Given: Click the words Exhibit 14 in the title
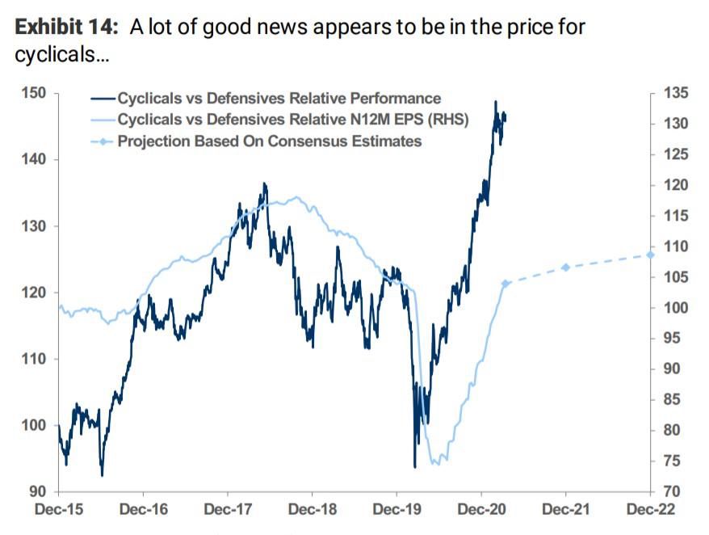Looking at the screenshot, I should [65, 27].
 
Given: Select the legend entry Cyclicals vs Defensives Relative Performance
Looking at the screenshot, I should [279, 99].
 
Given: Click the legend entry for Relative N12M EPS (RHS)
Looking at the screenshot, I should [293, 120].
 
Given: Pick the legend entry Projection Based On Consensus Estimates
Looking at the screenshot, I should [269, 141].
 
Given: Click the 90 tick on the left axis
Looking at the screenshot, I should [38, 491].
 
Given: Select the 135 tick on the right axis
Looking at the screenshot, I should [676, 94].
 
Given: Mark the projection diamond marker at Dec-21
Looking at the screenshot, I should [565, 267].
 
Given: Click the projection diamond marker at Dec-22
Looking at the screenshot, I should [650, 255].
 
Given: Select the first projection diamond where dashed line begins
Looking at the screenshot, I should [506, 284].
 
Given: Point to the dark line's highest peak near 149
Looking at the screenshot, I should [495, 102].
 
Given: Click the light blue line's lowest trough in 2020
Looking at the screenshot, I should [435, 463].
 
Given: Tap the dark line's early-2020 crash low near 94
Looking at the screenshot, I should [415, 466].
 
